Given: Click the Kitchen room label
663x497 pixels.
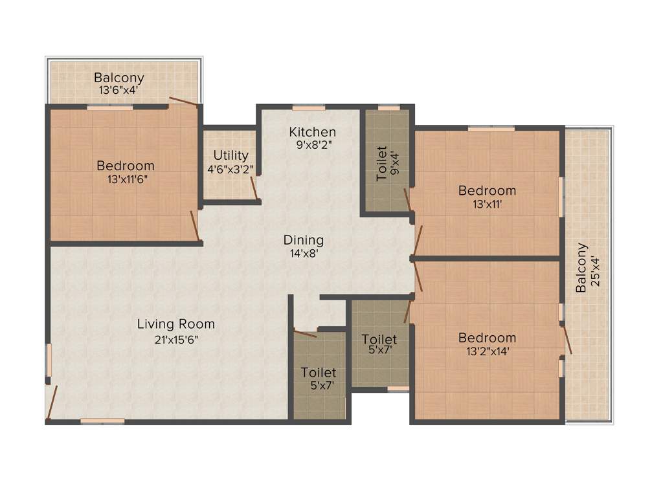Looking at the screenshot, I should (312, 132).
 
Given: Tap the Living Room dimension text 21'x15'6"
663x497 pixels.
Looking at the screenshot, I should (176, 339).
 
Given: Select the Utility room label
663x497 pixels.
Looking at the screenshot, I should (231, 155).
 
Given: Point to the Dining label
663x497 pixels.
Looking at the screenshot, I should (303, 240).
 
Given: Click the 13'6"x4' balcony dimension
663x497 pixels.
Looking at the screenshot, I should (118, 91).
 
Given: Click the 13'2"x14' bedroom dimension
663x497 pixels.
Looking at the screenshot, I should (487, 352).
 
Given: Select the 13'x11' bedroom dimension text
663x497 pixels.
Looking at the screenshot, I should (487, 204).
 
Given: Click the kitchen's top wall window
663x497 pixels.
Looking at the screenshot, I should (308, 107).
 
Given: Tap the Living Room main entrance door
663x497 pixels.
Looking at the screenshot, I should (52, 401).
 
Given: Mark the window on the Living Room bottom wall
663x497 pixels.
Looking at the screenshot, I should (102, 421).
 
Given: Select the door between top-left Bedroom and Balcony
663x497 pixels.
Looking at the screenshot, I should (183, 102).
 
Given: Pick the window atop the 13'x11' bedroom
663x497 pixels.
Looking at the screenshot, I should (491, 129).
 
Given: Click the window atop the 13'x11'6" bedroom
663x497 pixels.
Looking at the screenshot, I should (109, 107).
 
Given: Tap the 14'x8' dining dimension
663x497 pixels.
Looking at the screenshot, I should (303, 254).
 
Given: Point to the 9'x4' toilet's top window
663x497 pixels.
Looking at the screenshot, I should (389, 107).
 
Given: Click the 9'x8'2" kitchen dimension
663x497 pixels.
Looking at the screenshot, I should (312, 146).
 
